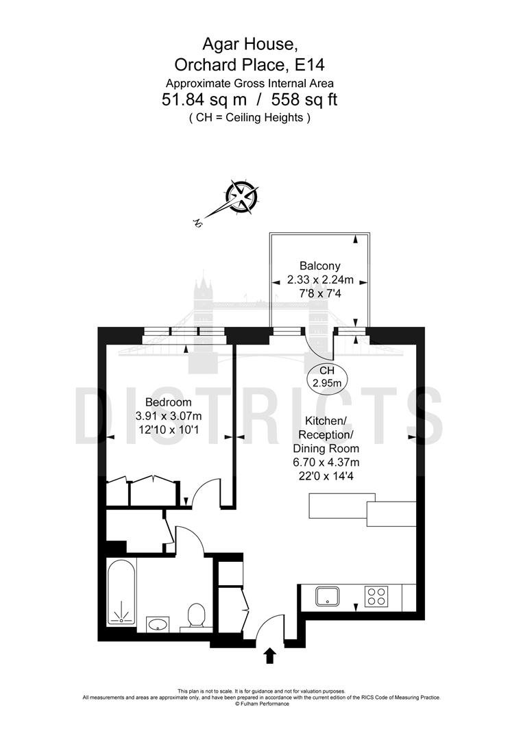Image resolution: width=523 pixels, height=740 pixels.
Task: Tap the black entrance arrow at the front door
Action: (x=269, y=656)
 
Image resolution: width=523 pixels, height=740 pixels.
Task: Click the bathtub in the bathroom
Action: (x=121, y=593)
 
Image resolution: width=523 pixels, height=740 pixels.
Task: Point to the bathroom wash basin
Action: (x=157, y=624)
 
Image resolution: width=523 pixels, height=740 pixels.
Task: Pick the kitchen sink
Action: (x=328, y=596)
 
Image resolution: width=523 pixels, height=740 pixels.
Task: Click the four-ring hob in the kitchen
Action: (x=377, y=595)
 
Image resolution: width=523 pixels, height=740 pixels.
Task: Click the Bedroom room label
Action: (x=169, y=402)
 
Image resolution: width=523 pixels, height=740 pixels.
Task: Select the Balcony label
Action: (x=320, y=266)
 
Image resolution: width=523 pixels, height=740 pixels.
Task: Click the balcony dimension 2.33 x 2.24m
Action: (x=321, y=280)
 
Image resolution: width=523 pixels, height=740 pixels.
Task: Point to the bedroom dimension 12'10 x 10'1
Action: (x=169, y=430)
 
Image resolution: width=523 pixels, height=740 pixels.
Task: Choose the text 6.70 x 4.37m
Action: (x=326, y=462)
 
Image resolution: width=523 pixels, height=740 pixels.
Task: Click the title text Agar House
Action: (x=250, y=44)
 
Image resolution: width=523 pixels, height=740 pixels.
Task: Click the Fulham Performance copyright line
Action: (x=262, y=704)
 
